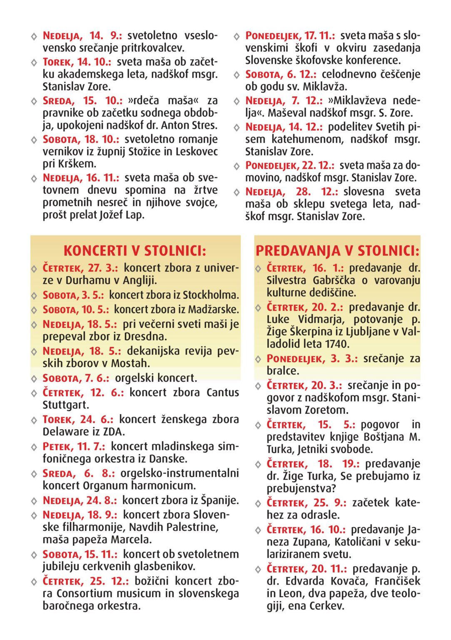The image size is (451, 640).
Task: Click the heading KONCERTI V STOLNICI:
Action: tap(135, 251)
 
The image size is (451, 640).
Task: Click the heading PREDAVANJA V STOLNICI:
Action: tap(337, 251)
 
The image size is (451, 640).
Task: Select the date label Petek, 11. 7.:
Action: tap(74, 447)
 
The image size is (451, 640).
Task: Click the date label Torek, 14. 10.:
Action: tap(77, 62)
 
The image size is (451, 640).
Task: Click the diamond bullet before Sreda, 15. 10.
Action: tap(34, 101)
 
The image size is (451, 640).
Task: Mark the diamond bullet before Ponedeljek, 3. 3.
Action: tap(258, 359)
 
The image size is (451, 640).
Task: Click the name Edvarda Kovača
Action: tap(325, 581)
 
